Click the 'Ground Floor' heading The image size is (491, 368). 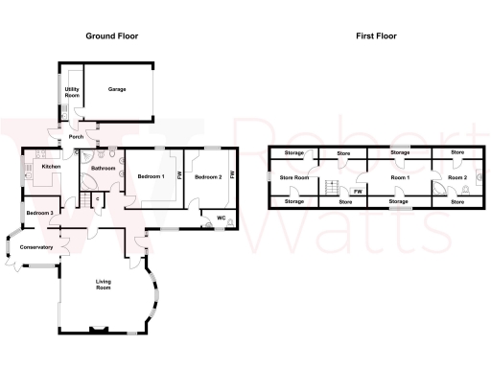[112, 35]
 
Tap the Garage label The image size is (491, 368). [117, 89]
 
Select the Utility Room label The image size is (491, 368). [72, 93]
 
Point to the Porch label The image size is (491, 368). [76, 136]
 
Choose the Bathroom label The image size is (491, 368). [103, 169]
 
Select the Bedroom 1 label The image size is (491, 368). [151, 177]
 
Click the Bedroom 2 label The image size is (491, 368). [208, 177]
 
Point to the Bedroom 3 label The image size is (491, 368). [39, 213]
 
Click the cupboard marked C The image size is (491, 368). [97, 198]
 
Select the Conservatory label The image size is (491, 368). [35, 247]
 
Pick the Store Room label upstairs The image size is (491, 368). [293, 177]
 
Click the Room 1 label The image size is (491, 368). [400, 177]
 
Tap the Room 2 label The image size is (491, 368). [457, 177]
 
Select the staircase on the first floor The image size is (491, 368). [334, 187]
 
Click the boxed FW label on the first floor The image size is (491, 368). [357, 192]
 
